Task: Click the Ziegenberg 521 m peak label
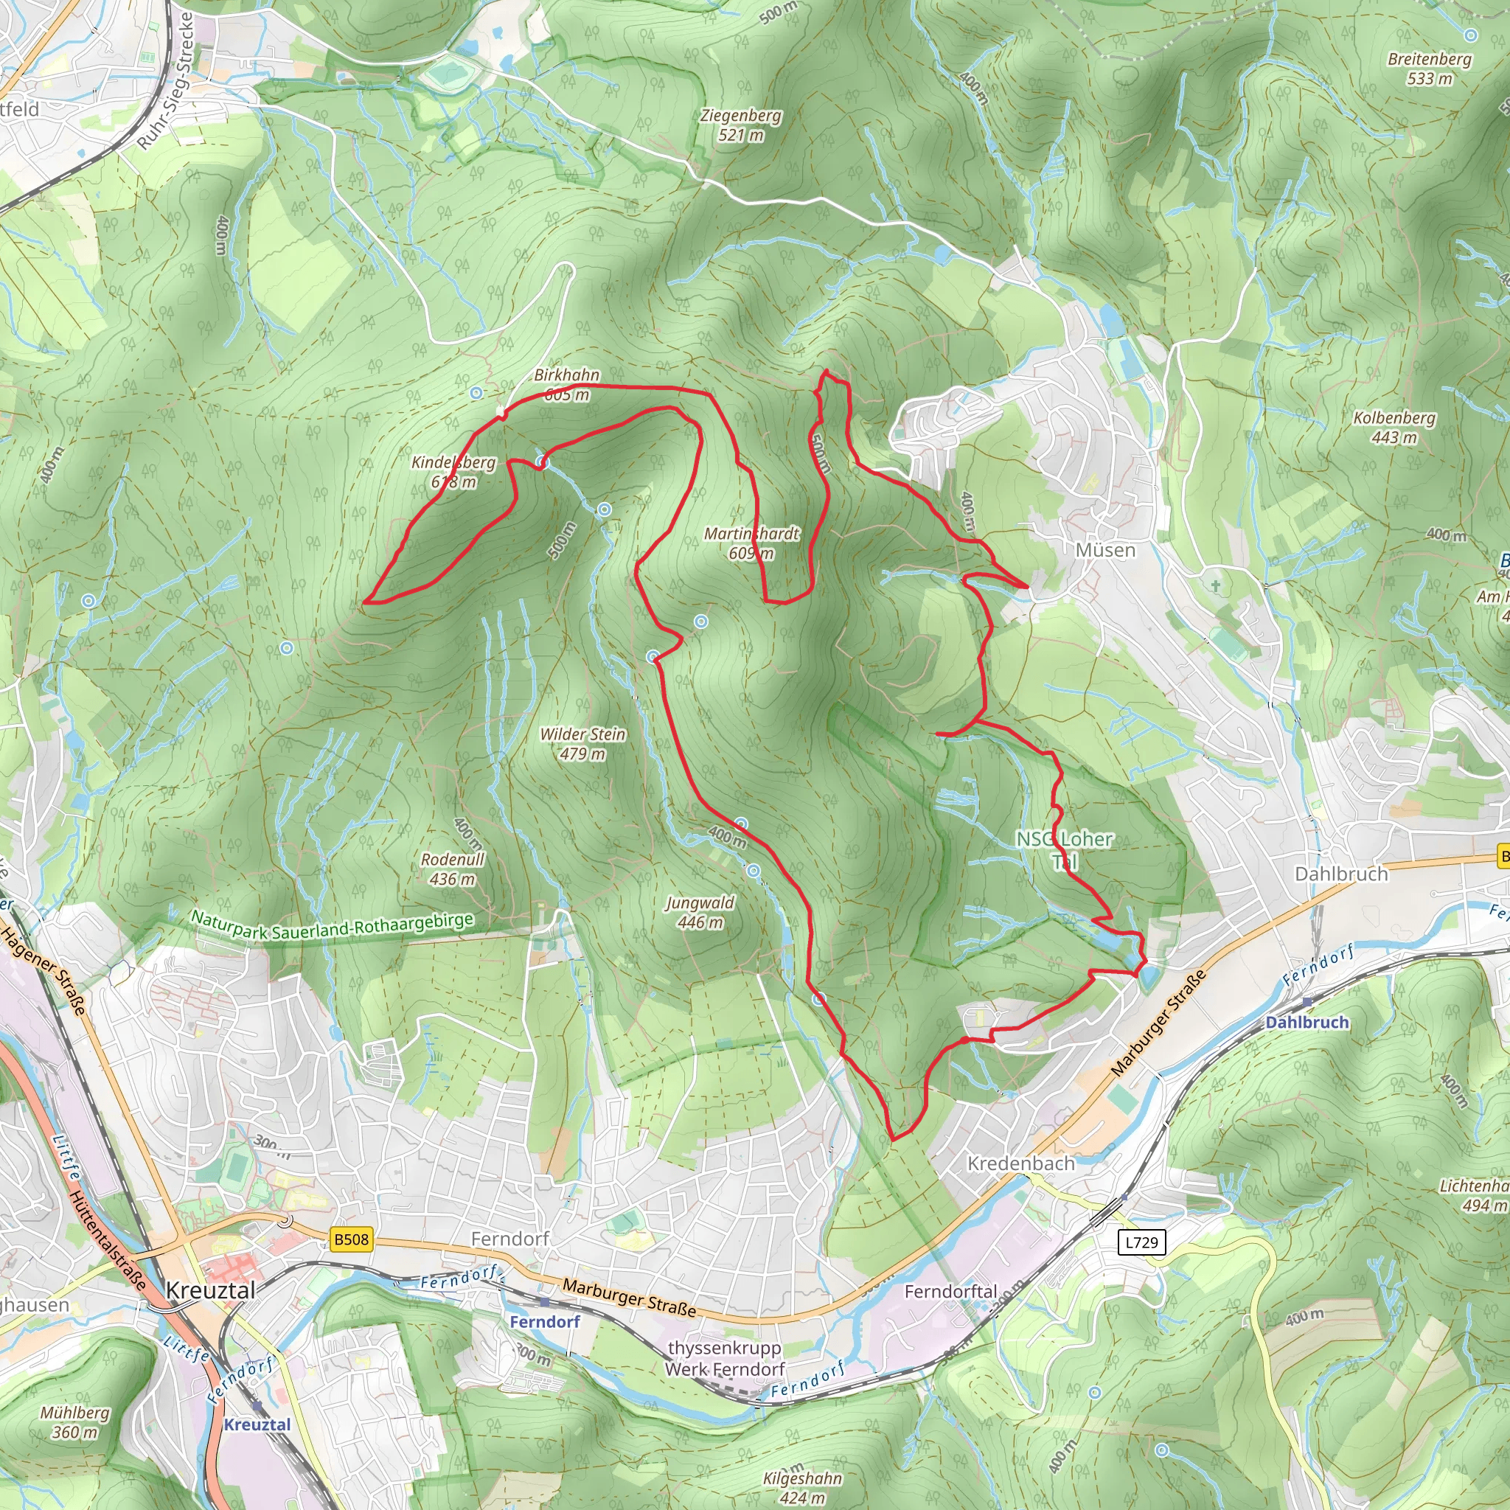point(740,125)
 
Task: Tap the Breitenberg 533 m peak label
point(1430,69)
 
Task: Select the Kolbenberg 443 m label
point(1394,428)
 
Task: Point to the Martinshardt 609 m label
point(751,543)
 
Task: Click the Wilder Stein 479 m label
point(583,744)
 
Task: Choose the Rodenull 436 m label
point(453,869)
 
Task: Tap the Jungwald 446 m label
point(700,912)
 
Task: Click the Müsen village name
point(1105,550)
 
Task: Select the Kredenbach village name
point(1020,1163)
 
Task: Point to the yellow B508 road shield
point(351,1239)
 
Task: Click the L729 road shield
point(1141,1242)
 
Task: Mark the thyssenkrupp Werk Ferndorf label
point(725,1358)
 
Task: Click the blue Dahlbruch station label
point(1307,1023)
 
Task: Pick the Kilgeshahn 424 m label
point(802,1488)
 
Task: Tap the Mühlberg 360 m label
point(75,1422)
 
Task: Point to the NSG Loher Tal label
point(1064,849)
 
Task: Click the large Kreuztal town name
point(210,1290)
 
